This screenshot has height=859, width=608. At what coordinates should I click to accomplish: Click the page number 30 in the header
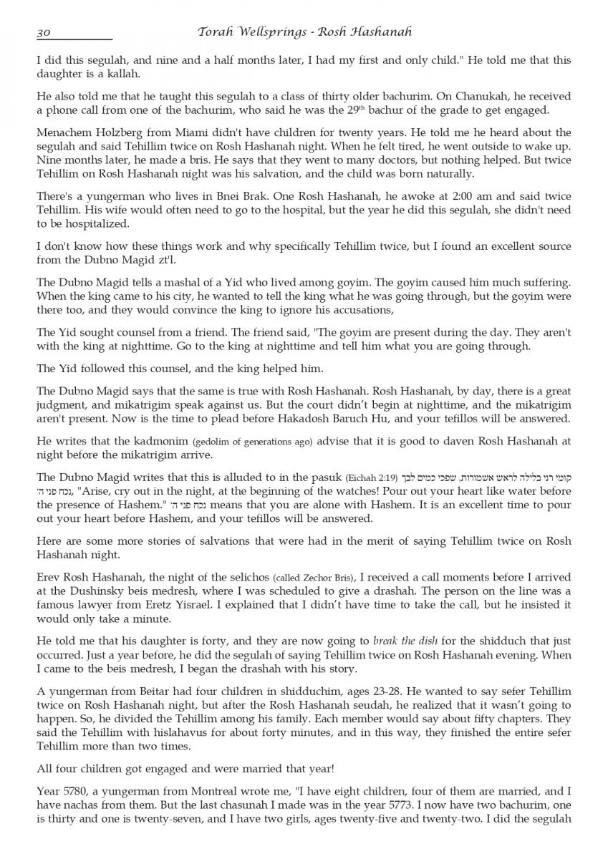(44, 32)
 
